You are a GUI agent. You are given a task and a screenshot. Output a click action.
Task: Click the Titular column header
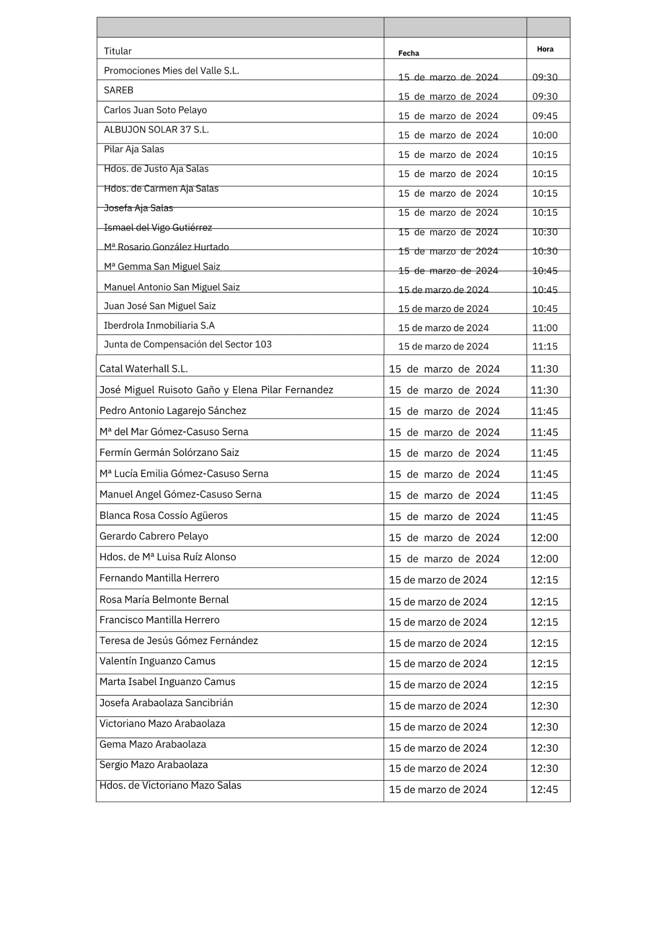tap(117, 51)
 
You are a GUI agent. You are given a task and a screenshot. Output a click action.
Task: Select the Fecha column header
tap(409, 53)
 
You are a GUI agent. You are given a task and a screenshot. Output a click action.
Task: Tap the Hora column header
tap(545, 49)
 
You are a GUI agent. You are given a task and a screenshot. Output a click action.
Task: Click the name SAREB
tap(118, 90)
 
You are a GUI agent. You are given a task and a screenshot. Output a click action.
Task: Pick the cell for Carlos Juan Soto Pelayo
tap(155, 110)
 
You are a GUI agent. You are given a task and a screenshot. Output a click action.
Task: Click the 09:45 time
tap(545, 116)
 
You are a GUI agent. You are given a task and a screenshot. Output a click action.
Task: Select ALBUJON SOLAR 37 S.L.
tap(156, 130)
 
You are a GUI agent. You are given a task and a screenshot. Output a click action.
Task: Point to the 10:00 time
tap(545, 135)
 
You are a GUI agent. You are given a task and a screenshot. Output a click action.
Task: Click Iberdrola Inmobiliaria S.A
tap(159, 325)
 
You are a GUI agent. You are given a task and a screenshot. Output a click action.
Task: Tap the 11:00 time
tap(545, 328)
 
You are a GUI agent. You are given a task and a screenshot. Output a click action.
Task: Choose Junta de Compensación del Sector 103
tap(187, 344)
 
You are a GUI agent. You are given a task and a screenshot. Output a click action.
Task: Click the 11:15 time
tap(545, 347)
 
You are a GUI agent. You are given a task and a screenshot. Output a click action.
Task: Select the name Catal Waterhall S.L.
tap(143, 369)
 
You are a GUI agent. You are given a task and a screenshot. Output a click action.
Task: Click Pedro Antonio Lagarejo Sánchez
tap(173, 411)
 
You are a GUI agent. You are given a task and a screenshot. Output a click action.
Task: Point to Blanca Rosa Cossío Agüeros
tap(163, 515)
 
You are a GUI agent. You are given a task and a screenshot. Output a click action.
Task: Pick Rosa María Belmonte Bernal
tap(164, 599)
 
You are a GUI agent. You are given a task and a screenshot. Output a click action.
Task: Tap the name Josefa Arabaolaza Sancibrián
tap(166, 703)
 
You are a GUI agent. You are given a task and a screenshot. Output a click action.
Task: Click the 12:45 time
tap(544, 789)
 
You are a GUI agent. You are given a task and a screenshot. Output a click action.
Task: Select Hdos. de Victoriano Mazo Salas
tap(170, 785)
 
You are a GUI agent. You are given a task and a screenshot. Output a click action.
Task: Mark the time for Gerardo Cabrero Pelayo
tap(544, 538)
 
